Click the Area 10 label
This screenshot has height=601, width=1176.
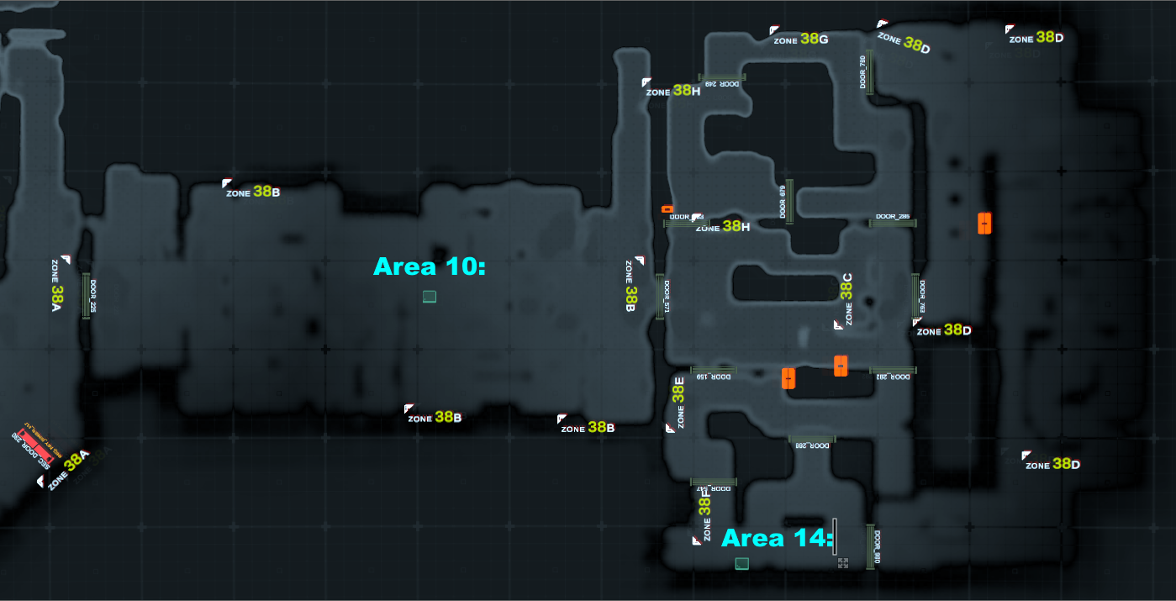click(430, 266)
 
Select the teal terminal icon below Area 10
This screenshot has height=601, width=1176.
click(430, 296)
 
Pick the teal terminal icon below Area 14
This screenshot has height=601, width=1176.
click(741, 563)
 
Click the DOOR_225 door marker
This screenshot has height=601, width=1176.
click(86, 296)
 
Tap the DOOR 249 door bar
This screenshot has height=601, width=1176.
click(722, 77)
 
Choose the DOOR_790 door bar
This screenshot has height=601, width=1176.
click(871, 72)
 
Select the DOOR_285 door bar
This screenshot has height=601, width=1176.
click(892, 223)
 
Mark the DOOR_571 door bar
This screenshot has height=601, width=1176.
click(659, 296)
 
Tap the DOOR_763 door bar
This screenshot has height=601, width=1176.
click(915, 296)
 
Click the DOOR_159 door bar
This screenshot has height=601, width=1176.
click(713, 370)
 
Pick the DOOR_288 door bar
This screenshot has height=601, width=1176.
click(811, 439)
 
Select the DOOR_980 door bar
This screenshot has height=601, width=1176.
click(870, 546)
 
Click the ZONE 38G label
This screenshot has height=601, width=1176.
click(801, 39)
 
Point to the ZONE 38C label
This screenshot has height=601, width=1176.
click(846, 298)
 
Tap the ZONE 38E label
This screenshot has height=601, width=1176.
click(679, 402)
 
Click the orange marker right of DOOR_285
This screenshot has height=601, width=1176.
click(984, 223)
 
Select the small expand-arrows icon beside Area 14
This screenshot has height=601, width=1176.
click(843, 562)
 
